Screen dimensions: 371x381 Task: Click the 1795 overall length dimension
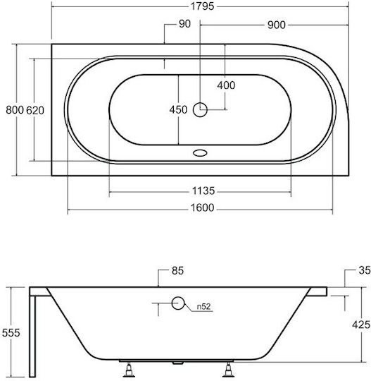click(203, 6)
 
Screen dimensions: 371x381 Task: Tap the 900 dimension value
click(277, 25)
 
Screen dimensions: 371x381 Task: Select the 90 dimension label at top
click(184, 24)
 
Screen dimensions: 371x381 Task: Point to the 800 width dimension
click(15, 110)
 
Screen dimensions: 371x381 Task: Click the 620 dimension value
click(35, 110)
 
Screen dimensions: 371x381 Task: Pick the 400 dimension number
click(226, 85)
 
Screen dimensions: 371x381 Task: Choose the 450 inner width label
click(178, 109)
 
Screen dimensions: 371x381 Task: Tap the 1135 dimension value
click(203, 191)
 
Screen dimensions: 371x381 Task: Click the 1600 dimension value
click(203, 207)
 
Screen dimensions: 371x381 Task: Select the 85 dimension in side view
click(177, 271)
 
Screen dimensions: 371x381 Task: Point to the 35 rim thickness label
click(365, 270)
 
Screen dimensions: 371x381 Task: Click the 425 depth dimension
click(361, 325)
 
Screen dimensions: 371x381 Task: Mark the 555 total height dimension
click(11, 332)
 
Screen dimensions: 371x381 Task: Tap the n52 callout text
click(203, 307)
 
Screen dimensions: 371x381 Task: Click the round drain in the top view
click(200, 110)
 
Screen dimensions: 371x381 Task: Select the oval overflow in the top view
click(200, 153)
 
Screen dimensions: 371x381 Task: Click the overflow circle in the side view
click(178, 303)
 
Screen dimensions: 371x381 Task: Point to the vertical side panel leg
click(32, 336)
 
